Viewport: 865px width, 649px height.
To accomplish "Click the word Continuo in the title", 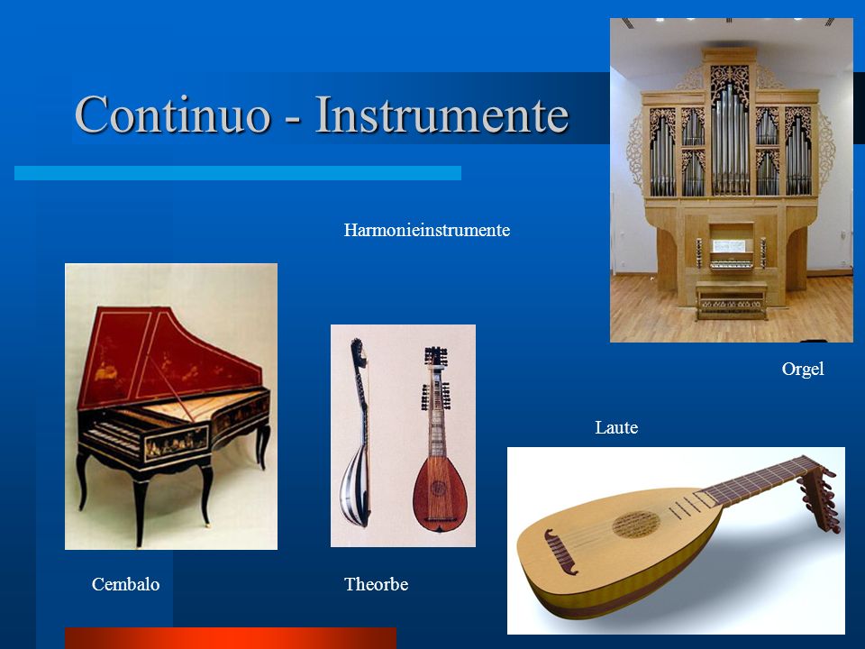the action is (173, 114).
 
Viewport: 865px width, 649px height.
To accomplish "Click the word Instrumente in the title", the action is (442, 114).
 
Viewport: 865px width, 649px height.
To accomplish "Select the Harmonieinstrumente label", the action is (426, 230).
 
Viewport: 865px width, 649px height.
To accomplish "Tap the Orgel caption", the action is (803, 369).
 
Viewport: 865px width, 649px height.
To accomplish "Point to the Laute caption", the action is (616, 427).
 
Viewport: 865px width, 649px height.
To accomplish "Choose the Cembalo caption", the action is (126, 584).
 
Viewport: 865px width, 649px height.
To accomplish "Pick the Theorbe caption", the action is (377, 584).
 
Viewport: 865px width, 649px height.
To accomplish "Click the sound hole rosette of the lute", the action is (635, 525).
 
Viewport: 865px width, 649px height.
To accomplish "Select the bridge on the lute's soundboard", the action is (560, 551).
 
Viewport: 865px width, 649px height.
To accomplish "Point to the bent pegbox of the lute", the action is (820, 498).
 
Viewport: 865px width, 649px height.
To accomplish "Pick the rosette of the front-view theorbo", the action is (439, 488).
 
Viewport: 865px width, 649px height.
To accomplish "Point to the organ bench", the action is (731, 299).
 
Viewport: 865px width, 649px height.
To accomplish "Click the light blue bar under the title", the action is (238, 173).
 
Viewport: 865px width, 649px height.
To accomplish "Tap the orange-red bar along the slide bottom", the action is (231, 638).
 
